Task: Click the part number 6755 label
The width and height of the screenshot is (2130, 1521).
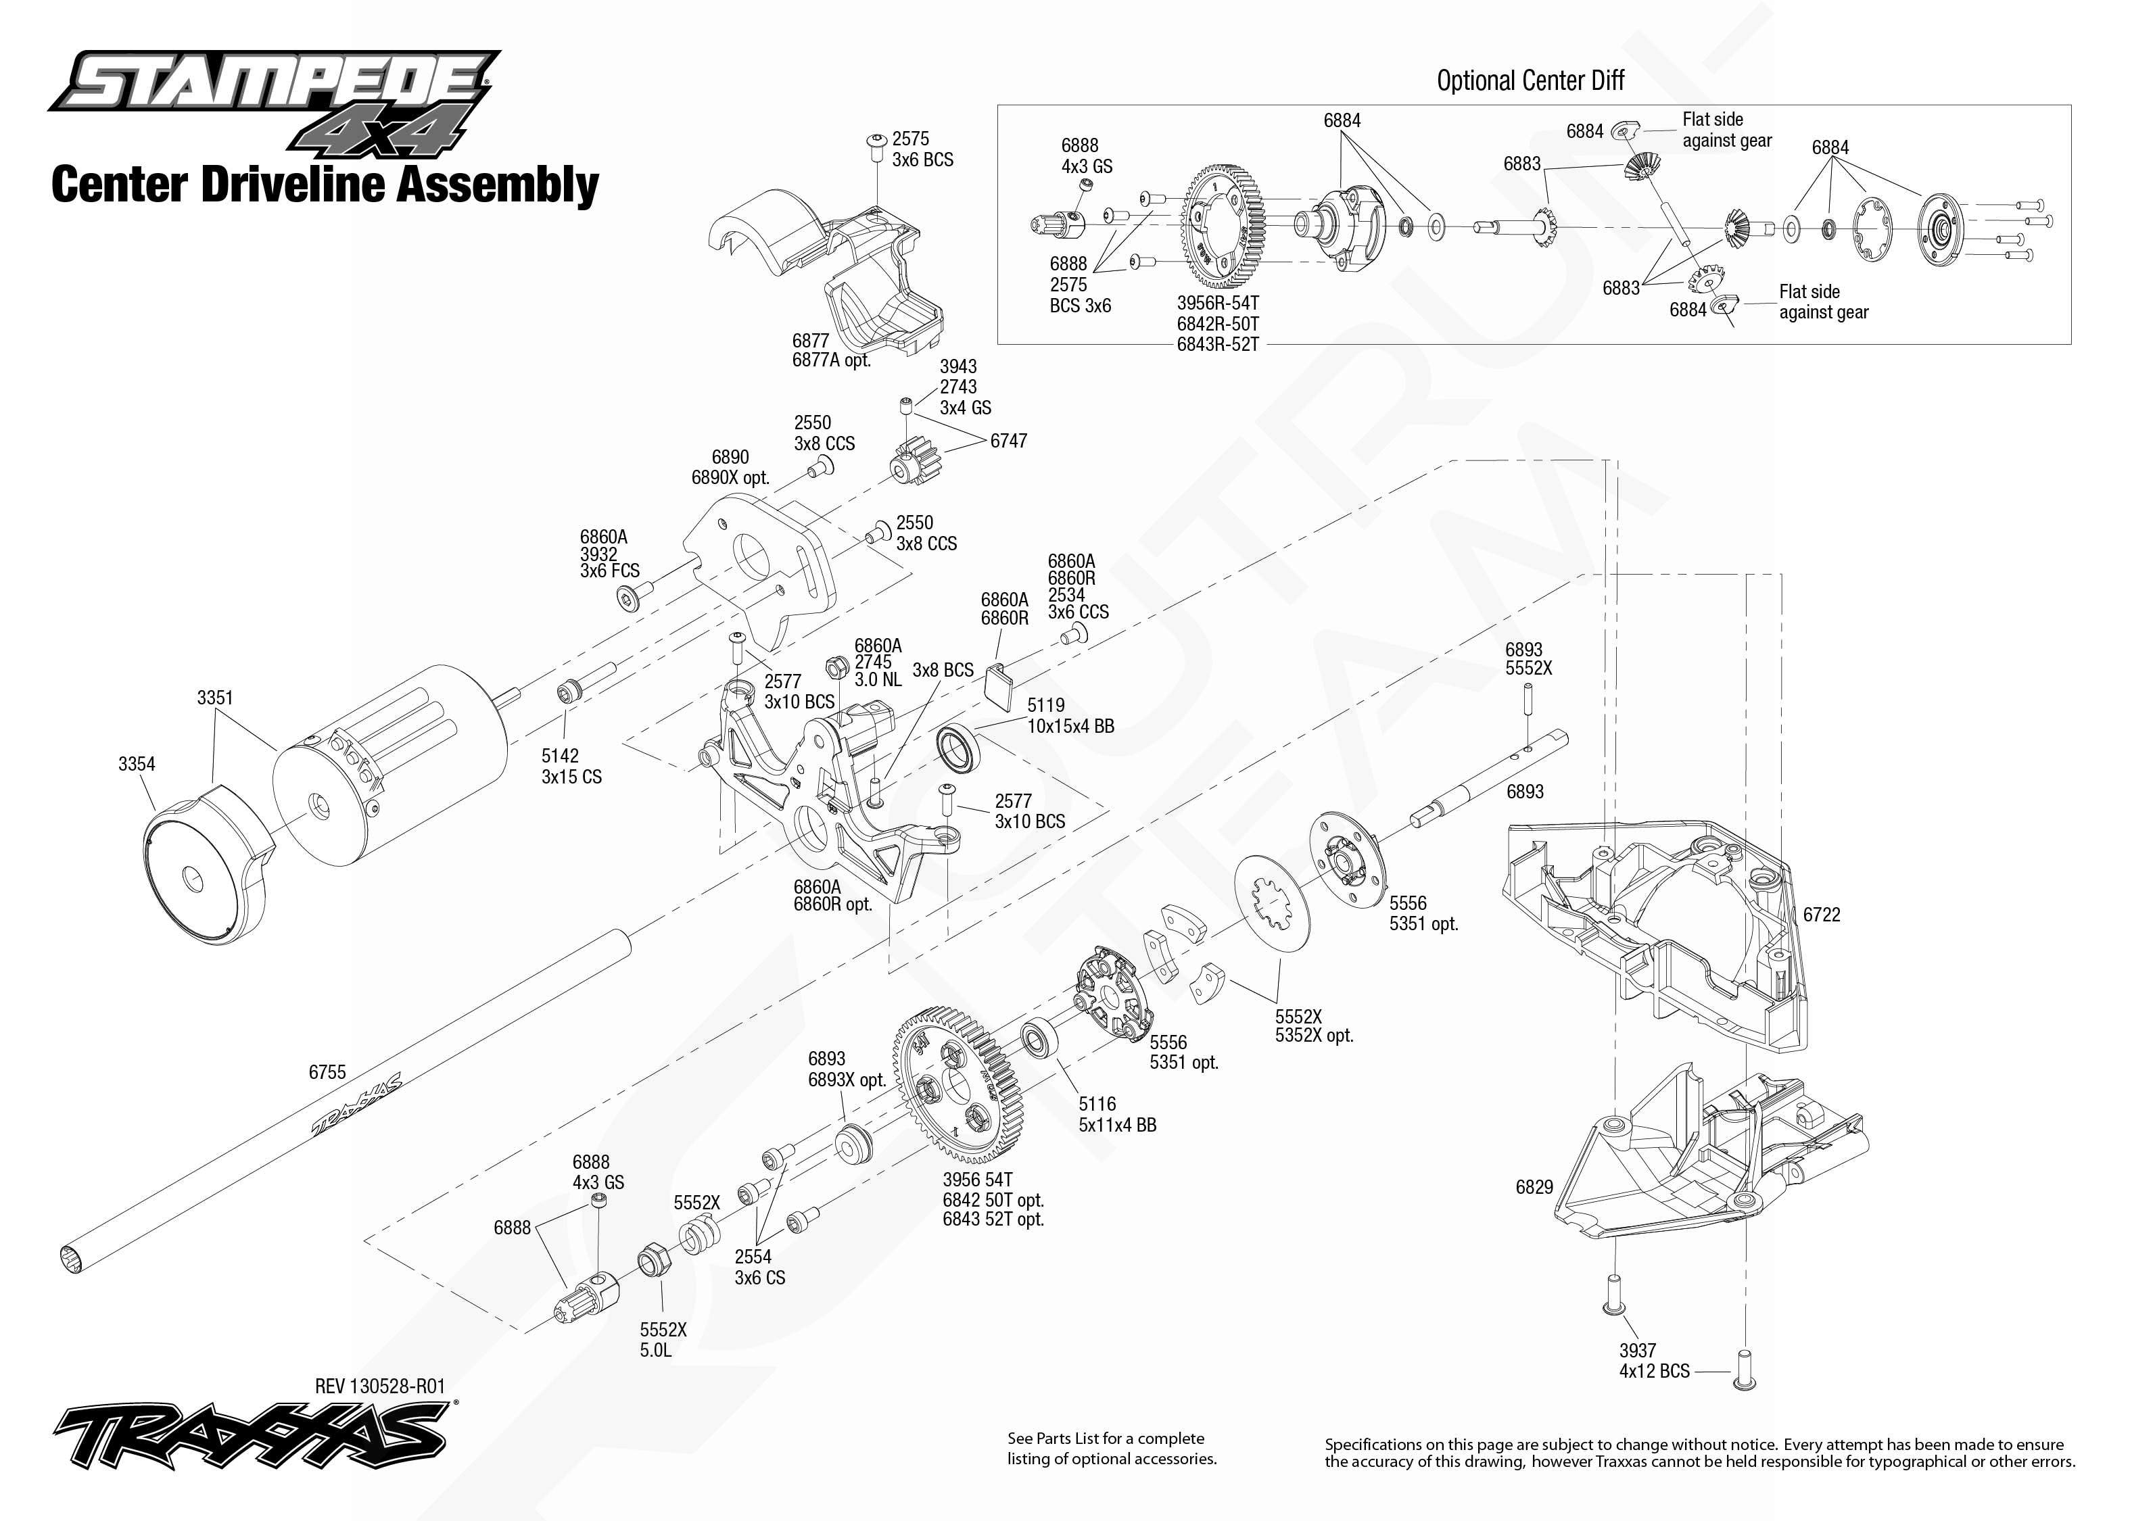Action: point(327,1072)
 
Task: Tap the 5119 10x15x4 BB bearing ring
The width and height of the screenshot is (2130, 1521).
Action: point(957,748)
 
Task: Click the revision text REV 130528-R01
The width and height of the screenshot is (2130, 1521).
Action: point(380,1386)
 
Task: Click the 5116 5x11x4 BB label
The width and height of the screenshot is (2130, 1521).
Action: point(1116,1115)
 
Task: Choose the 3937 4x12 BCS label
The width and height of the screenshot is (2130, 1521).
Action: point(1654,1361)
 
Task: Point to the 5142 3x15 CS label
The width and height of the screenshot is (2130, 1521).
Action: point(571,766)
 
